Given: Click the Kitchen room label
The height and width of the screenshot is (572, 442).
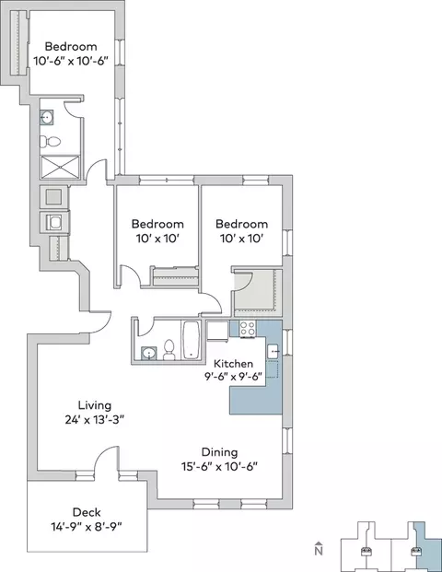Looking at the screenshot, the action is point(233,364).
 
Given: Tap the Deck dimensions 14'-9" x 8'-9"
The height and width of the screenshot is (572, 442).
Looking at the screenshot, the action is point(87,527).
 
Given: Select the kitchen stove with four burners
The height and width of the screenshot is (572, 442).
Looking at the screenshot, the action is point(248,329).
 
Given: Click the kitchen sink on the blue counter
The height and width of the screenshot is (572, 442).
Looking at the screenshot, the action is point(273,351).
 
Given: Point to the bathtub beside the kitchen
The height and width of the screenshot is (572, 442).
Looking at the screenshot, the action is point(191,341).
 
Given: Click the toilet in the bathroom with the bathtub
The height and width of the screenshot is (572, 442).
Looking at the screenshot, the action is point(169,350).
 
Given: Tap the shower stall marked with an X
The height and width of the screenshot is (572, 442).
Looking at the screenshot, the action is point(60,168).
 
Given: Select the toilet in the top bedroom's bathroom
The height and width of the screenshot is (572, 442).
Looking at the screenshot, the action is point(50,142).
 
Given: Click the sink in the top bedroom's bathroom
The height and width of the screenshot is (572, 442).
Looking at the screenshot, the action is point(47,118).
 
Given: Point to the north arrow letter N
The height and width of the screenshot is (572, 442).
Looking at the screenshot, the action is point(320,550).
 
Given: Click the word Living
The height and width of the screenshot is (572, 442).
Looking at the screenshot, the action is point(95,405).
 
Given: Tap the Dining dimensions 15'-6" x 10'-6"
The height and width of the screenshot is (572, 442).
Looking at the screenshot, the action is point(219,467).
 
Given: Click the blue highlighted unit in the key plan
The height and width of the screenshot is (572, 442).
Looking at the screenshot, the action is point(427,547).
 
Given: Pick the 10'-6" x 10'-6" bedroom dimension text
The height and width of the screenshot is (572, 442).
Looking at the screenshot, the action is point(71,61).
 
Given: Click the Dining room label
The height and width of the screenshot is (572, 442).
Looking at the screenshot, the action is point(219,452).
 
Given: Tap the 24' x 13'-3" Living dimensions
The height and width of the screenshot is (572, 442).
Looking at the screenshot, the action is point(95,420).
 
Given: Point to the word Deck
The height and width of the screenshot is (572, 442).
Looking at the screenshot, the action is point(87,512).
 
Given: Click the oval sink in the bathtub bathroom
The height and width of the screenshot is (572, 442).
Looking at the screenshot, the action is point(149,354).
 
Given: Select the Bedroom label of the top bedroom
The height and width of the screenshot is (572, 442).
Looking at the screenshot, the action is point(71,46).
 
